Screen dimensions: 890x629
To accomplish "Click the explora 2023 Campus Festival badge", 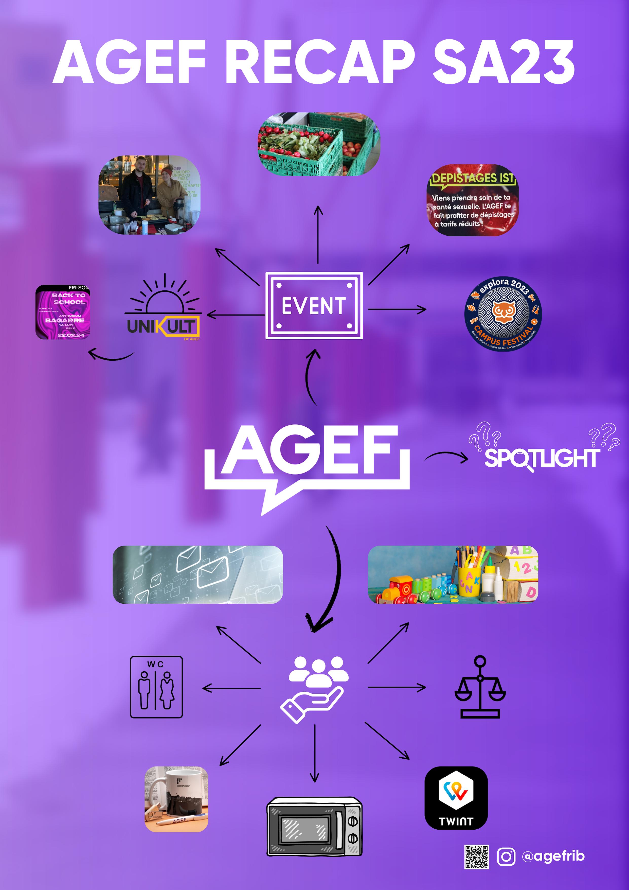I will coord(503,313).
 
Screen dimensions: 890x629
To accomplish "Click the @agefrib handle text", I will coord(553,856).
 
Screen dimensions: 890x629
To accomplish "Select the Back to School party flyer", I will coord(63,312).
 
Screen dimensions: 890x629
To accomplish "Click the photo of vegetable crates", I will coord(319,144).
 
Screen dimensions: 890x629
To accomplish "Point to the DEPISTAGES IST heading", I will coord(473,178).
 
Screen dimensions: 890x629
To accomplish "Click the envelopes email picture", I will coord(198,574).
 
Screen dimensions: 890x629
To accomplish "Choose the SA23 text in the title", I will coord(503,62).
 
